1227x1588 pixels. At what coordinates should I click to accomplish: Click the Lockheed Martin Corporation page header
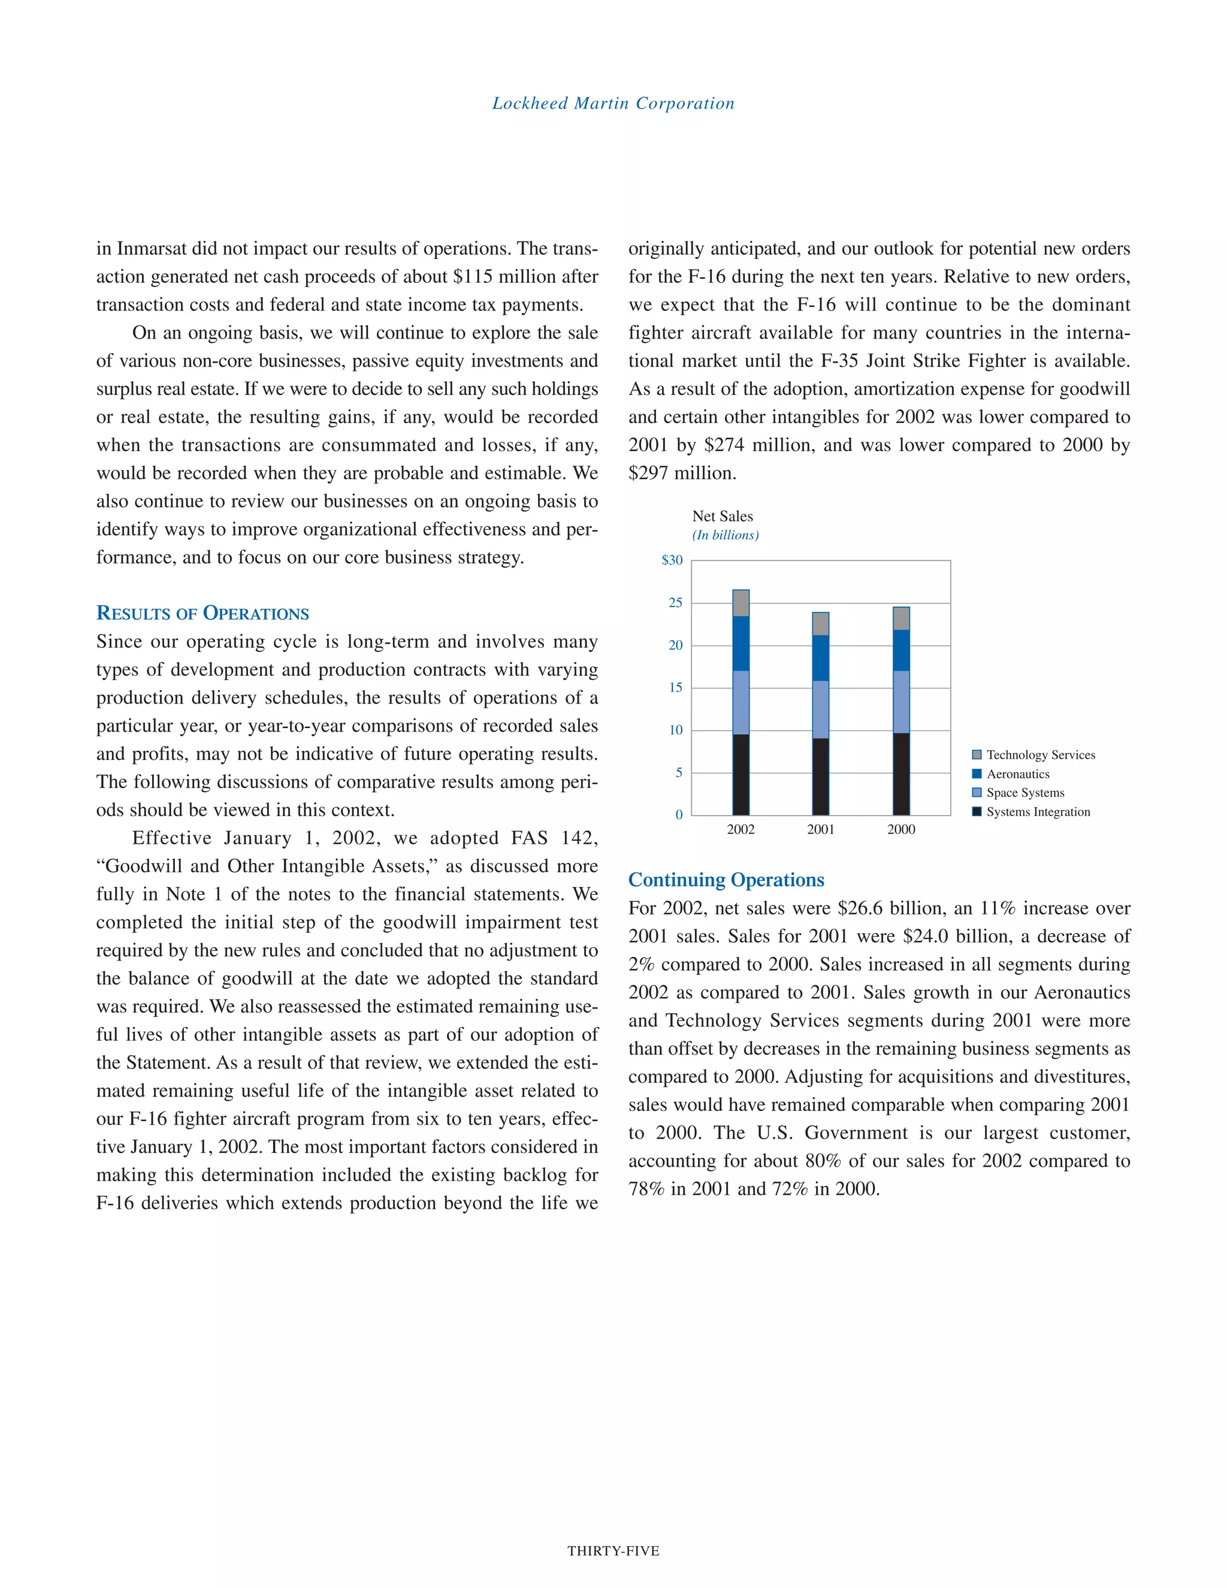tap(613, 103)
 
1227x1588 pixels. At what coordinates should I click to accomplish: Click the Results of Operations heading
tap(203, 613)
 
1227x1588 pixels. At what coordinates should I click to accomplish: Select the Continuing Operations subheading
tap(726, 880)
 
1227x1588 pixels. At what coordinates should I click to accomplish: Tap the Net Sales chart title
tap(722, 516)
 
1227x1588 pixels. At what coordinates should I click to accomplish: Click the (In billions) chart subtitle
tap(725, 535)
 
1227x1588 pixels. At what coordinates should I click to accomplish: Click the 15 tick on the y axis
tap(675, 688)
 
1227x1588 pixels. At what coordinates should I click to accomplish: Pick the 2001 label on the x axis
tap(821, 829)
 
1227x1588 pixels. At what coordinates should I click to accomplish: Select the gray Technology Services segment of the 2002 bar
tap(741, 603)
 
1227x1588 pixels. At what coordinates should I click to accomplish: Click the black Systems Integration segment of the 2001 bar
tap(821, 777)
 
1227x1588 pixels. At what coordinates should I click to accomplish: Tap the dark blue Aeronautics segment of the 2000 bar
tap(901, 650)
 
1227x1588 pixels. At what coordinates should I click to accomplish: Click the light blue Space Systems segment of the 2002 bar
tap(741, 702)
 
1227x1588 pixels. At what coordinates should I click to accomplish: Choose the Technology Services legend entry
tap(1039, 754)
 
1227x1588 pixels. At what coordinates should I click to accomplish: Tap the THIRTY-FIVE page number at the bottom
tap(613, 1551)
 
